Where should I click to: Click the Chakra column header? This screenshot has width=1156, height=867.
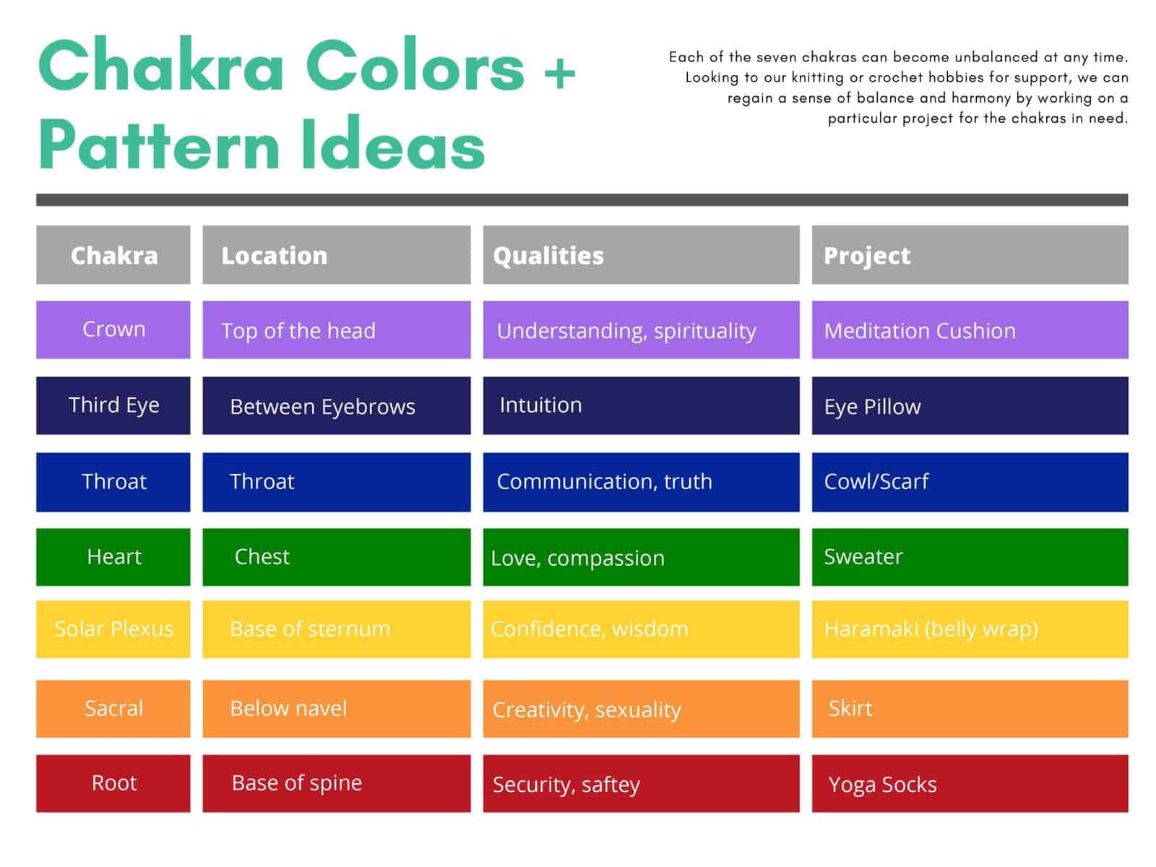(113, 255)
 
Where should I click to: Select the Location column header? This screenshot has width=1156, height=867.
(336, 255)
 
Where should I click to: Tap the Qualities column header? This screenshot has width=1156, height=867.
(641, 255)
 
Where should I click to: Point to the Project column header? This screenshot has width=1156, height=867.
(970, 255)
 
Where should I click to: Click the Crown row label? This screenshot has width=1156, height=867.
(113, 329)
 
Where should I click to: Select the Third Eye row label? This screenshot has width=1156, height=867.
(113, 405)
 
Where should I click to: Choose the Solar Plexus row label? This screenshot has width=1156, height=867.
(113, 629)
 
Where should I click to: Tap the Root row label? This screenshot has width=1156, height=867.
(113, 783)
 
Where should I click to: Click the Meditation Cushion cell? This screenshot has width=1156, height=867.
(970, 330)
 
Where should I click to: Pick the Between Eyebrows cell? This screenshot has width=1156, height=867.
(336, 406)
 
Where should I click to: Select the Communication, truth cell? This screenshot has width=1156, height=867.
(641, 482)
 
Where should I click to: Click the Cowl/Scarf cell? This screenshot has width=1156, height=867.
(970, 482)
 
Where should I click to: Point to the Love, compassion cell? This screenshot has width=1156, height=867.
(641, 557)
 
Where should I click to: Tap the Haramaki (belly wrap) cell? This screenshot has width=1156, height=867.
(970, 629)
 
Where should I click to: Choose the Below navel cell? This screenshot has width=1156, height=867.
(336, 709)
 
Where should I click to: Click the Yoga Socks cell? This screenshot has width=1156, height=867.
(970, 784)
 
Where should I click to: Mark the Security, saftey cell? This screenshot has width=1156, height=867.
(641, 784)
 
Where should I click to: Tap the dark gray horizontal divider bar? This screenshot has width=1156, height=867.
(582, 200)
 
